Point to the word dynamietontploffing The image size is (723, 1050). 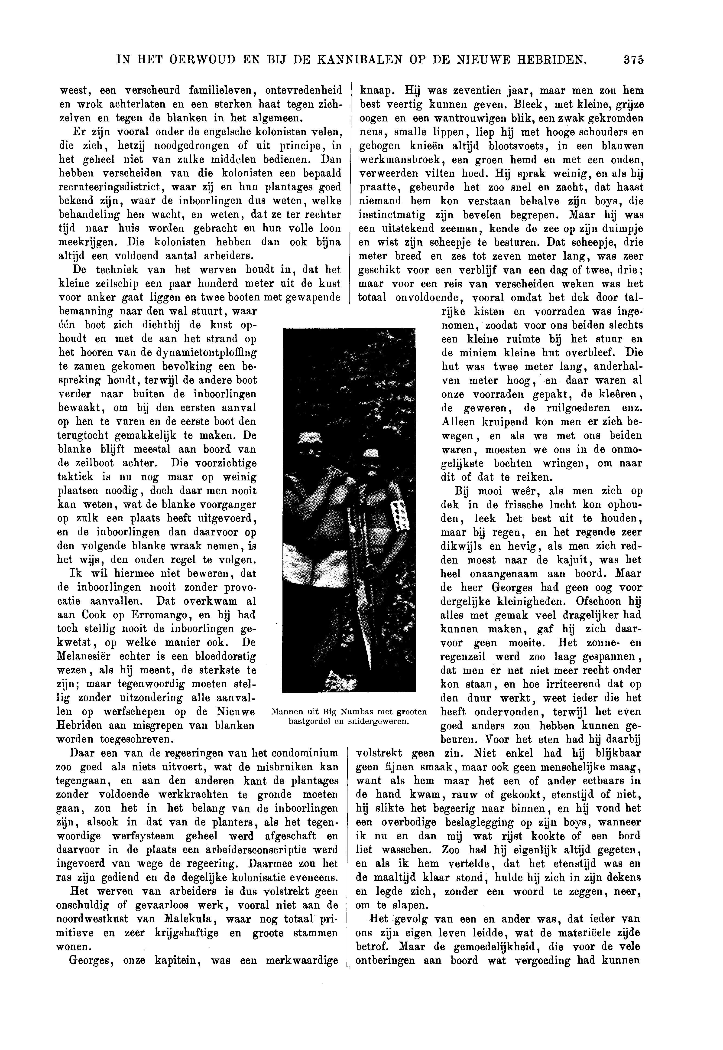(x=195, y=352)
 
